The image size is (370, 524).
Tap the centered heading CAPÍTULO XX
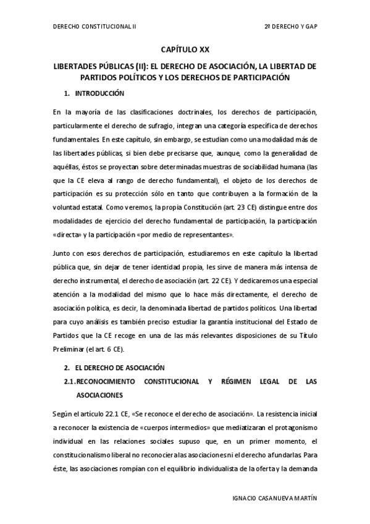click(x=185, y=49)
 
